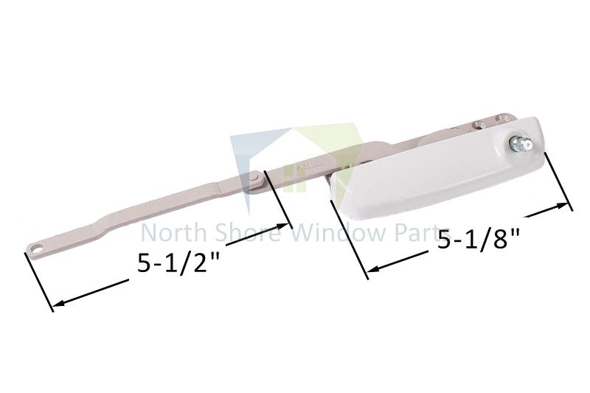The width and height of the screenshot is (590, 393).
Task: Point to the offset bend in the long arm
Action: tap(103, 219)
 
